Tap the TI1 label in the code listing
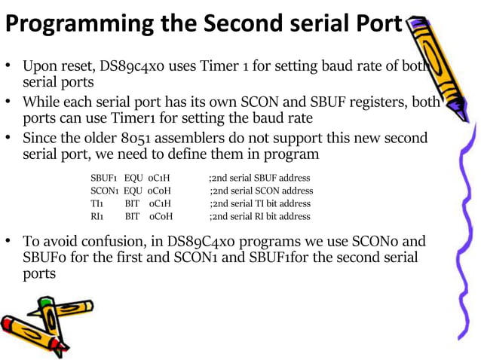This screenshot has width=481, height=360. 97,203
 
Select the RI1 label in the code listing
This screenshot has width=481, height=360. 97,216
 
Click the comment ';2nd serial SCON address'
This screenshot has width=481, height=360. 261,191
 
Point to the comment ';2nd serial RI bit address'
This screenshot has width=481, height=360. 259,216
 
